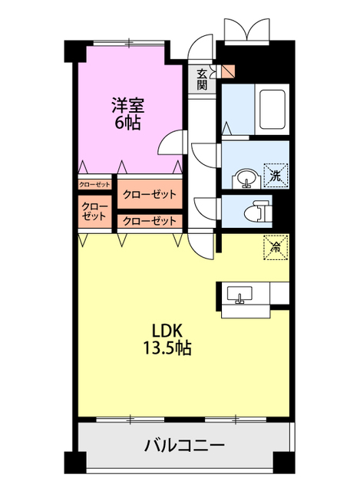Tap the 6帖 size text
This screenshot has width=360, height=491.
pos(127,124)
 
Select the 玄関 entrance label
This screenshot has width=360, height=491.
pos(202,79)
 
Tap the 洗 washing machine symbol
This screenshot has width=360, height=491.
pos(275,176)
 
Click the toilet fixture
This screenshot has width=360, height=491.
pos(258,209)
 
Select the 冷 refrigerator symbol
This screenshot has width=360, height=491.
pos(276,245)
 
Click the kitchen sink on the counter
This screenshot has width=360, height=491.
pos(239,295)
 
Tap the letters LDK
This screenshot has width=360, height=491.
pos(166,331)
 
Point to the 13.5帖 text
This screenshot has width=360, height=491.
pos(167,349)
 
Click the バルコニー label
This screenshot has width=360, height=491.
pos(184,446)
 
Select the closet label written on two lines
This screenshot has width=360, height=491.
pos(95,212)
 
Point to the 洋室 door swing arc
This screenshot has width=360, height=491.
pos(172,142)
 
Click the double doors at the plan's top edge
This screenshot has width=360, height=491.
pos(245,29)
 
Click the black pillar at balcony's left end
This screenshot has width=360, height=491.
pos(74,463)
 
